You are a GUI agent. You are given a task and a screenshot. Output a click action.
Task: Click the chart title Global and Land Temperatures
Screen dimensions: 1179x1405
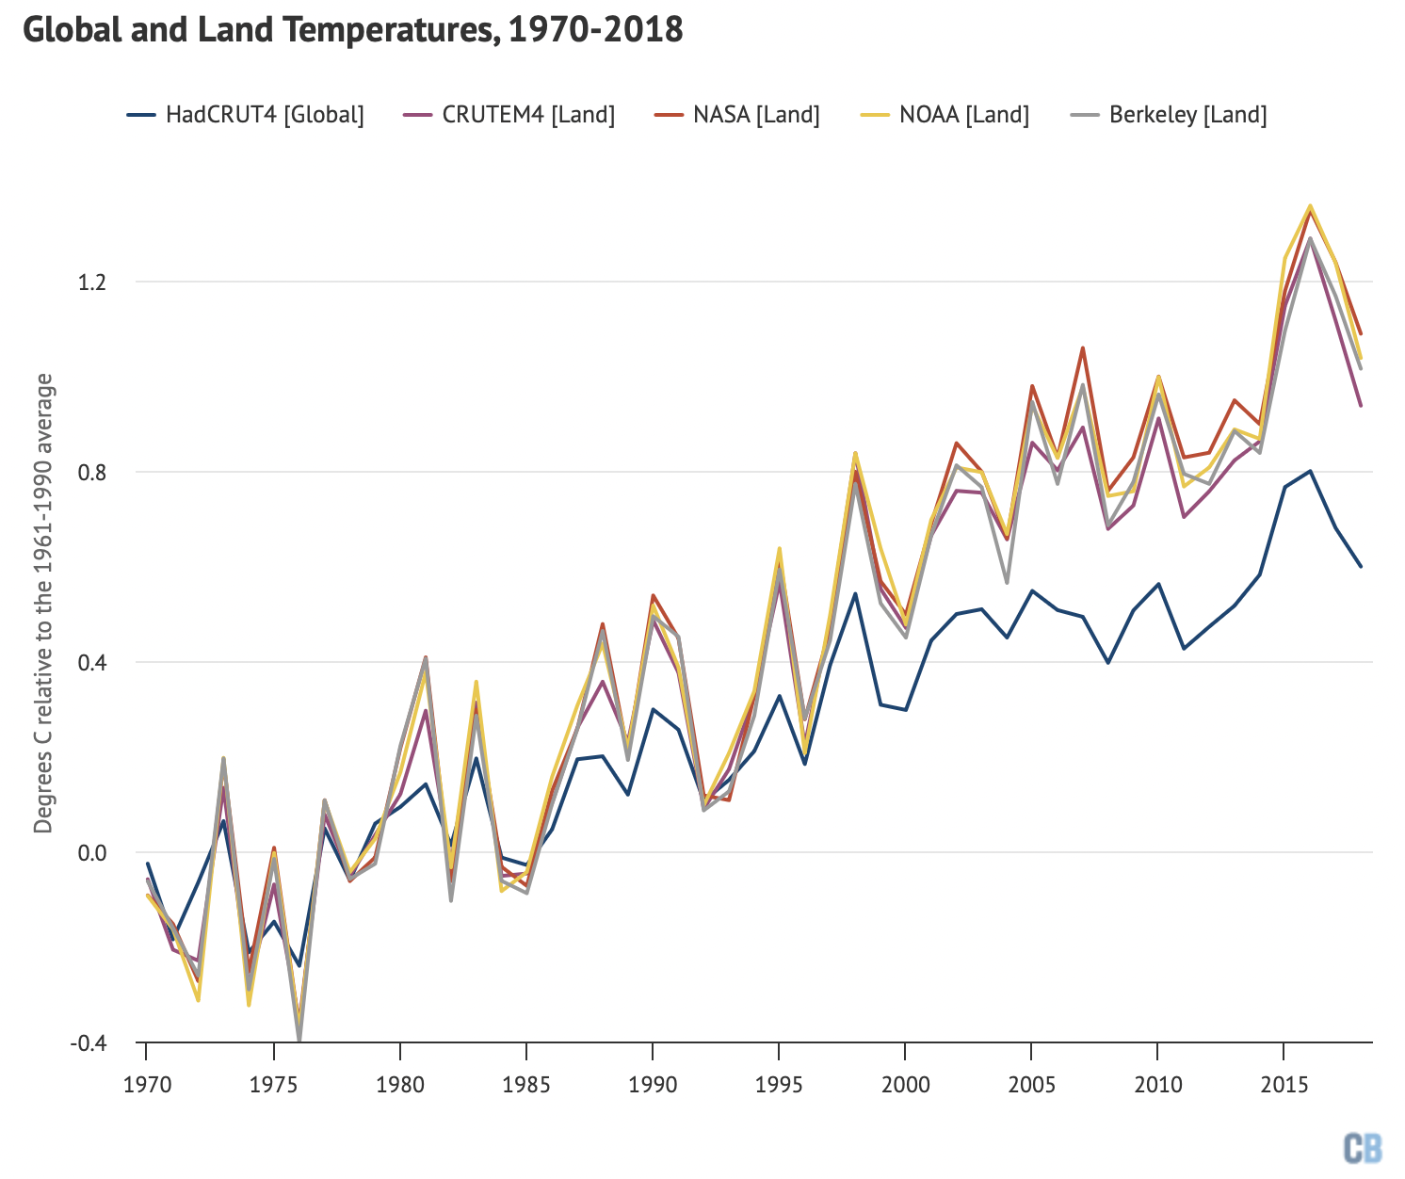[x=352, y=30]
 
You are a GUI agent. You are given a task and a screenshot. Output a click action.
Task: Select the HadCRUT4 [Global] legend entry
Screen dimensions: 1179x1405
[x=246, y=115]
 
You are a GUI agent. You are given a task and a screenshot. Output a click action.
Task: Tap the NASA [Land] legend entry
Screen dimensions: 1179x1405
[x=737, y=115]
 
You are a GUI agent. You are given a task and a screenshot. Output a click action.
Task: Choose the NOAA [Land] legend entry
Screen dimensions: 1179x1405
[x=945, y=115]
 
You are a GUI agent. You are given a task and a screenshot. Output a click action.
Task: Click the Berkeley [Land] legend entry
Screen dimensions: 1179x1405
[x=1170, y=115]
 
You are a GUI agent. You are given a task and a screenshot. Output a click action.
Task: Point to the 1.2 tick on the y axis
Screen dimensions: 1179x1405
[x=93, y=282]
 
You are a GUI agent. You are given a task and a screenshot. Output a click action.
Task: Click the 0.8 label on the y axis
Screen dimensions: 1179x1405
[x=93, y=472]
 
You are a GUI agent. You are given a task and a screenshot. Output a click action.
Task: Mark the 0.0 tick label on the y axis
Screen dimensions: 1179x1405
[x=93, y=852]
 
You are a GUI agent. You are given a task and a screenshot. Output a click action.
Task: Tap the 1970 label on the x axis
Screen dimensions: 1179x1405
[x=147, y=1084]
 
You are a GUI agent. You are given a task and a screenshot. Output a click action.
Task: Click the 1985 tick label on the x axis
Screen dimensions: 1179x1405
[x=526, y=1084]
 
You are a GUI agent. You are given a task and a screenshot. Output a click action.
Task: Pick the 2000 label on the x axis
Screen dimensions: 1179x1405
[x=905, y=1084]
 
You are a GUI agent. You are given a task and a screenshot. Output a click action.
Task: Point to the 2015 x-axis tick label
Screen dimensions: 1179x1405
[x=1284, y=1084]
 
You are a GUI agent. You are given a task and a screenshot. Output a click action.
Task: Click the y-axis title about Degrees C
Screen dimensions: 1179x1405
[x=43, y=603]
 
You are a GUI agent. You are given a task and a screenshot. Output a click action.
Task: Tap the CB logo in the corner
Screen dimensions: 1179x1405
[x=1363, y=1148]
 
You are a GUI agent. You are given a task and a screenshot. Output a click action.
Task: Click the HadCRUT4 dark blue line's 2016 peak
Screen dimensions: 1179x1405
[x=1310, y=471]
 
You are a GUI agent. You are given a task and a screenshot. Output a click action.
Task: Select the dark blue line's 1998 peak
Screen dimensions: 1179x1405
[x=855, y=593]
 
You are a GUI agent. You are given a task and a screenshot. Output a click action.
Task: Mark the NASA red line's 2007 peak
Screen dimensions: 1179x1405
[x=1083, y=347]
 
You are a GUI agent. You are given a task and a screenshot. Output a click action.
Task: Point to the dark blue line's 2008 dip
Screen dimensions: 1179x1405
[x=1108, y=663]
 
